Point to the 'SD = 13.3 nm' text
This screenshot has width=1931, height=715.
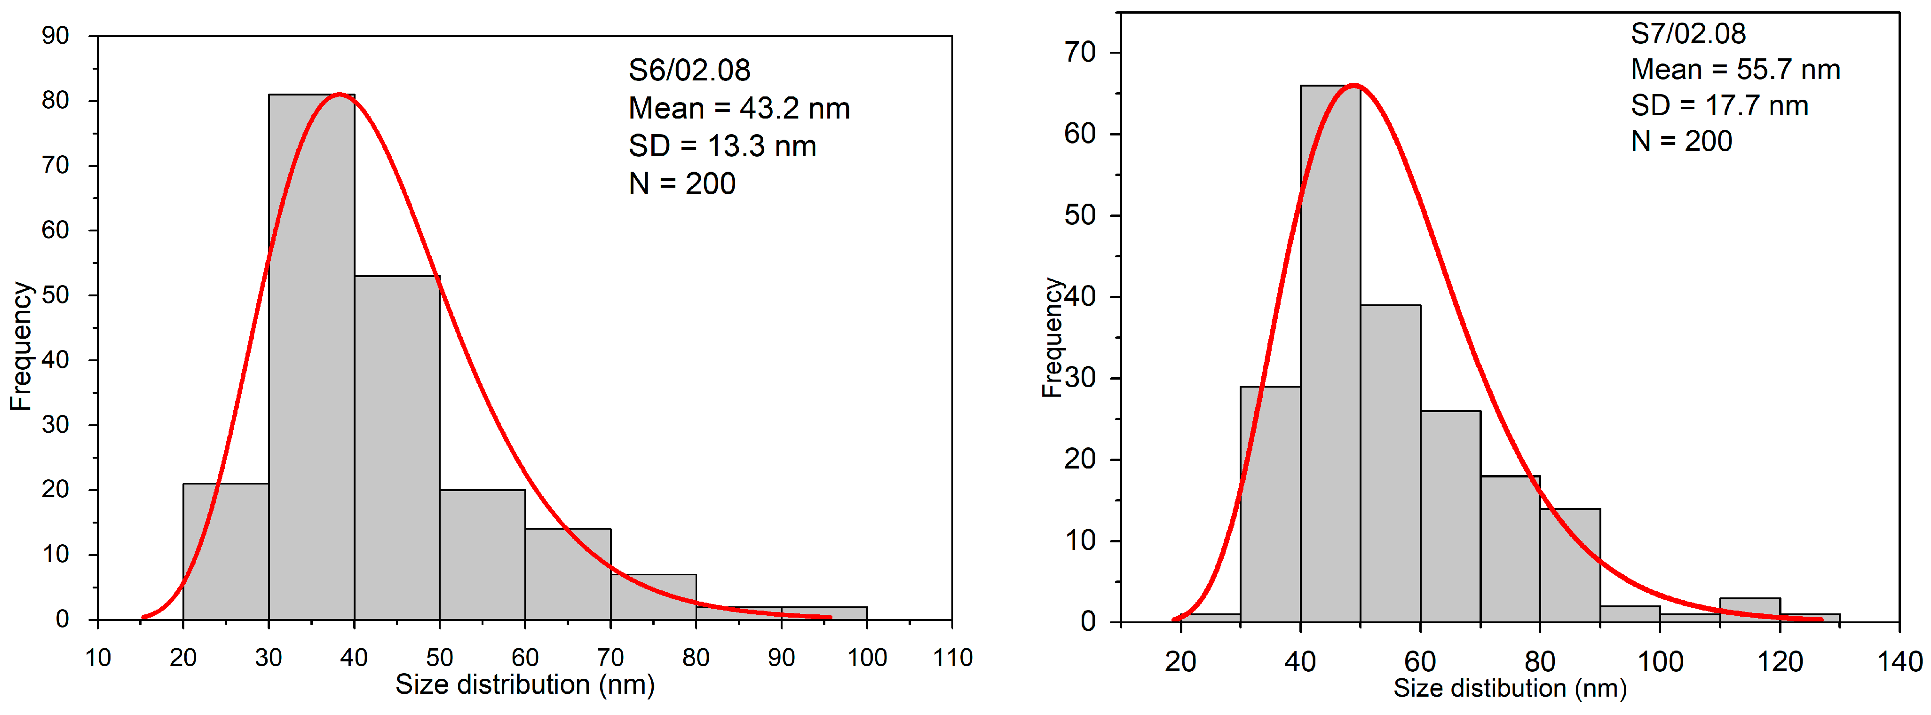(722, 146)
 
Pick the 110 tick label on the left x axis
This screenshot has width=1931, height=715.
(952, 657)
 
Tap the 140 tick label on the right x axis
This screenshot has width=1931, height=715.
(1899, 661)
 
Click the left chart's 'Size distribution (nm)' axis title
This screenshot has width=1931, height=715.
(525, 684)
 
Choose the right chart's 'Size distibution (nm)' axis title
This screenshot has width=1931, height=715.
(1509, 688)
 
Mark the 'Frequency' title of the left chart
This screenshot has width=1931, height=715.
(21, 346)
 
